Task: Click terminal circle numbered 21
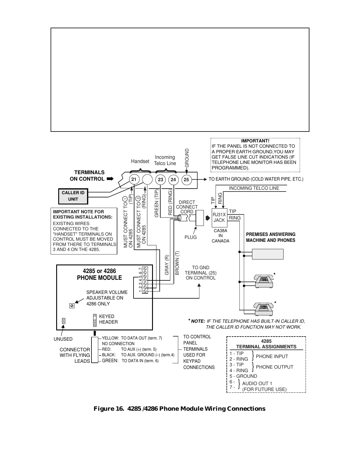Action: (x=134, y=179)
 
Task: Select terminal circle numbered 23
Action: (x=160, y=179)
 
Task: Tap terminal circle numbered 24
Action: (x=173, y=179)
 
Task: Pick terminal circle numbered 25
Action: (x=186, y=179)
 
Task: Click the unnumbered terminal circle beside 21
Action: (x=147, y=179)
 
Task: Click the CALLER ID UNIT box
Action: (x=73, y=196)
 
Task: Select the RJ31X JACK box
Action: (x=219, y=218)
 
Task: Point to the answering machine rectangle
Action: (x=268, y=254)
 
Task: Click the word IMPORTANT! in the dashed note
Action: (x=255, y=141)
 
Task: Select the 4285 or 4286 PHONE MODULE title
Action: (x=99, y=274)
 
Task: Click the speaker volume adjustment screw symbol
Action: (x=72, y=306)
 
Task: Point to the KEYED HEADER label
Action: (x=108, y=319)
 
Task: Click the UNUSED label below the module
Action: (x=63, y=339)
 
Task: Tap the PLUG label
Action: (x=191, y=237)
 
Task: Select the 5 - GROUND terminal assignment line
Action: (x=243, y=376)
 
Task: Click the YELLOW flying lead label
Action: (x=110, y=338)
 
